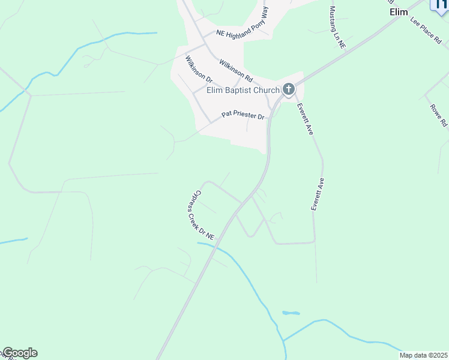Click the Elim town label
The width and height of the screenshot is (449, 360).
(x=399, y=12)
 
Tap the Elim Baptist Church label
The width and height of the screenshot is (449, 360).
(x=243, y=91)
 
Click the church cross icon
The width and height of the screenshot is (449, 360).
(x=289, y=90)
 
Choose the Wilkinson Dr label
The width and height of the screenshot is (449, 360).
(x=199, y=70)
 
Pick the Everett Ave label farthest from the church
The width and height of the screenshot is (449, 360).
(x=318, y=194)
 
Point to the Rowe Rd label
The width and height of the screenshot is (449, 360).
(x=439, y=115)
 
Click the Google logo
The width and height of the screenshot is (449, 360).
(x=20, y=353)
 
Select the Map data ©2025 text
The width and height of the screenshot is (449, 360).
(x=423, y=355)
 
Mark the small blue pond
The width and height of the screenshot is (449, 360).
(x=291, y=313)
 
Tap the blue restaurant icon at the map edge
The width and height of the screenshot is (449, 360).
(x=440, y=5)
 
